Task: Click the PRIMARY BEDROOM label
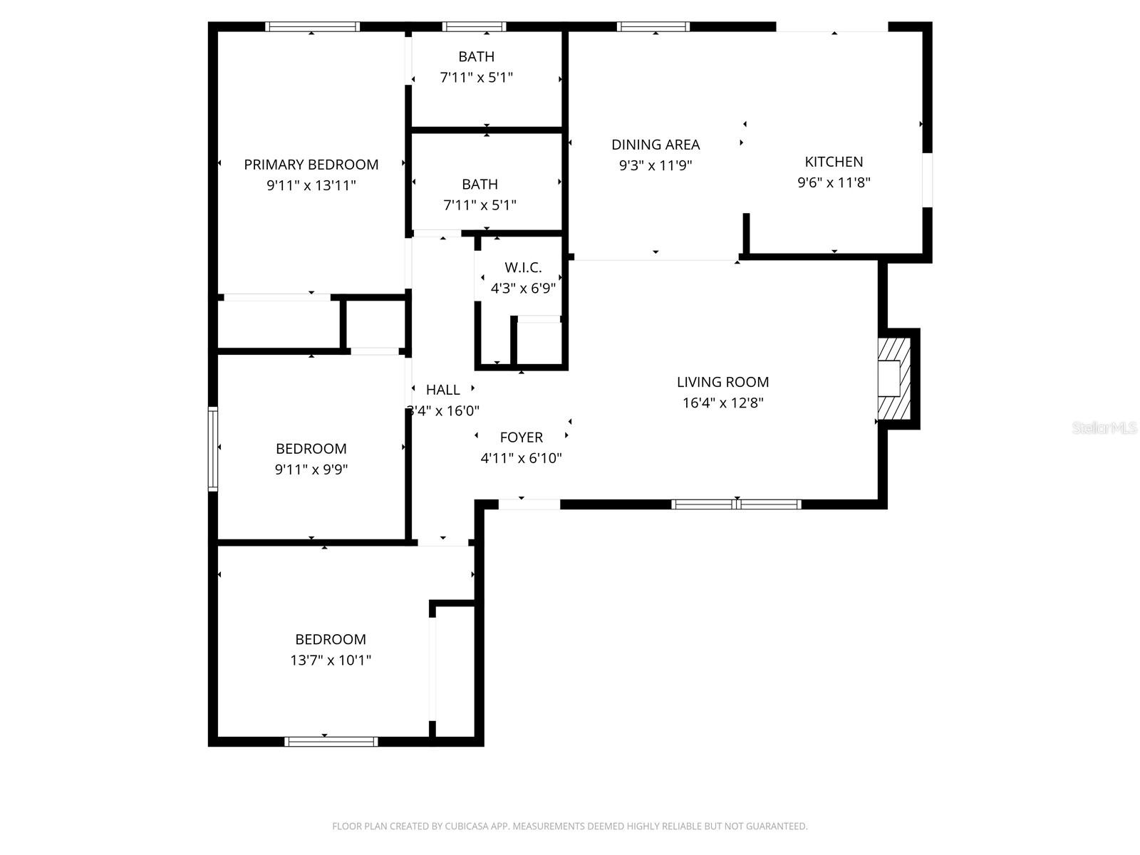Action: point(311,165)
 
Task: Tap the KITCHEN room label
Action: point(834,162)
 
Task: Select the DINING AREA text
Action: point(655,145)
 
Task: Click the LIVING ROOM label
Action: point(722,382)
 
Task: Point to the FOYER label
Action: point(521,437)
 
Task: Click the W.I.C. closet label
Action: point(523,268)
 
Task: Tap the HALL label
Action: point(442,390)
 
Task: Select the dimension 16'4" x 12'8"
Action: point(722,403)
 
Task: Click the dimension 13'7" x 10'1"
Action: point(331,660)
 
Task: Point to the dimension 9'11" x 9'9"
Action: point(311,470)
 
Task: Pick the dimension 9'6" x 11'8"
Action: point(834,182)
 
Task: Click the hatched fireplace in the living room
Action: point(893,378)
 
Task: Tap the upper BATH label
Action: point(476,57)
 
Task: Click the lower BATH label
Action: point(480,185)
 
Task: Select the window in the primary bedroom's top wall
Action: point(312,27)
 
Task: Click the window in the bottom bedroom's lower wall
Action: point(331,741)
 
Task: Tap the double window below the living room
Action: point(737,504)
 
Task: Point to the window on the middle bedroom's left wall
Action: point(212,448)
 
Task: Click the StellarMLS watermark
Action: point(1104,427)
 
